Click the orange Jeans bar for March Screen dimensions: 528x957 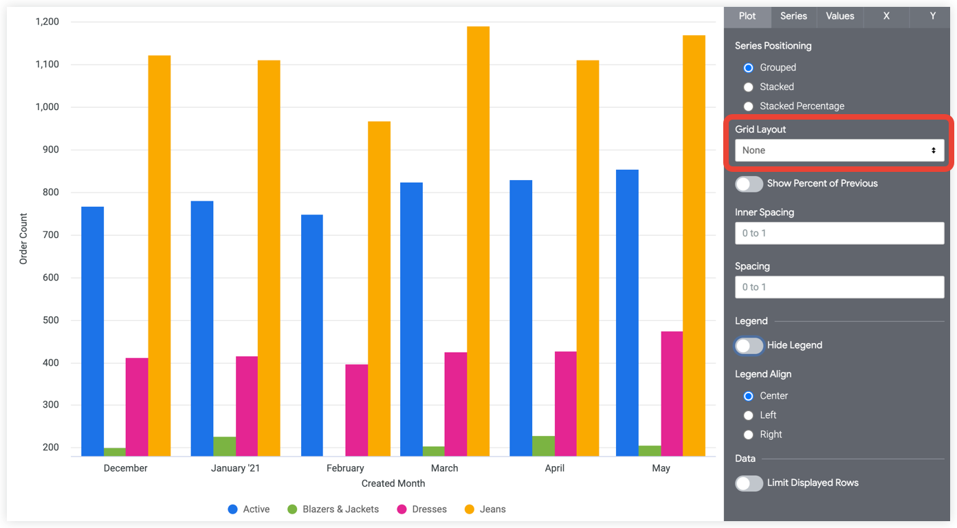tap(478, 241)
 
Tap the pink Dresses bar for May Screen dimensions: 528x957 tap(672, 393)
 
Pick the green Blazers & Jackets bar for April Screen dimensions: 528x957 tap(543, 445)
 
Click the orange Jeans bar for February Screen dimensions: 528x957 tap(379, 289)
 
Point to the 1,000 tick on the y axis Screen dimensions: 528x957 tap(47, 107)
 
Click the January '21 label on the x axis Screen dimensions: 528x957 tap(235, 468)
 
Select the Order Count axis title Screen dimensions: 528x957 tap(23, 239)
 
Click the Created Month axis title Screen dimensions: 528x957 tap(393, 483)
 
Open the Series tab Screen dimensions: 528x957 tap(793, 16)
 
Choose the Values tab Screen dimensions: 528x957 tap(839, 16)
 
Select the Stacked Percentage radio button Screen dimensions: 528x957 tap(749, 107)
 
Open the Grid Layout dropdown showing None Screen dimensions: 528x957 tap(839, 151)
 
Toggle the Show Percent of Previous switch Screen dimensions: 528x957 tap(749, 184)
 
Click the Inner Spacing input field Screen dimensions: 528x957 tap(839, 234)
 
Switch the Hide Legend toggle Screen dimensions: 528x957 tap(749, 346)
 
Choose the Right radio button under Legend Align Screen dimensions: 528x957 tap(749, 434)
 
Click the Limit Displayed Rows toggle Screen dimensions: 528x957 tap(749, 483)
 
